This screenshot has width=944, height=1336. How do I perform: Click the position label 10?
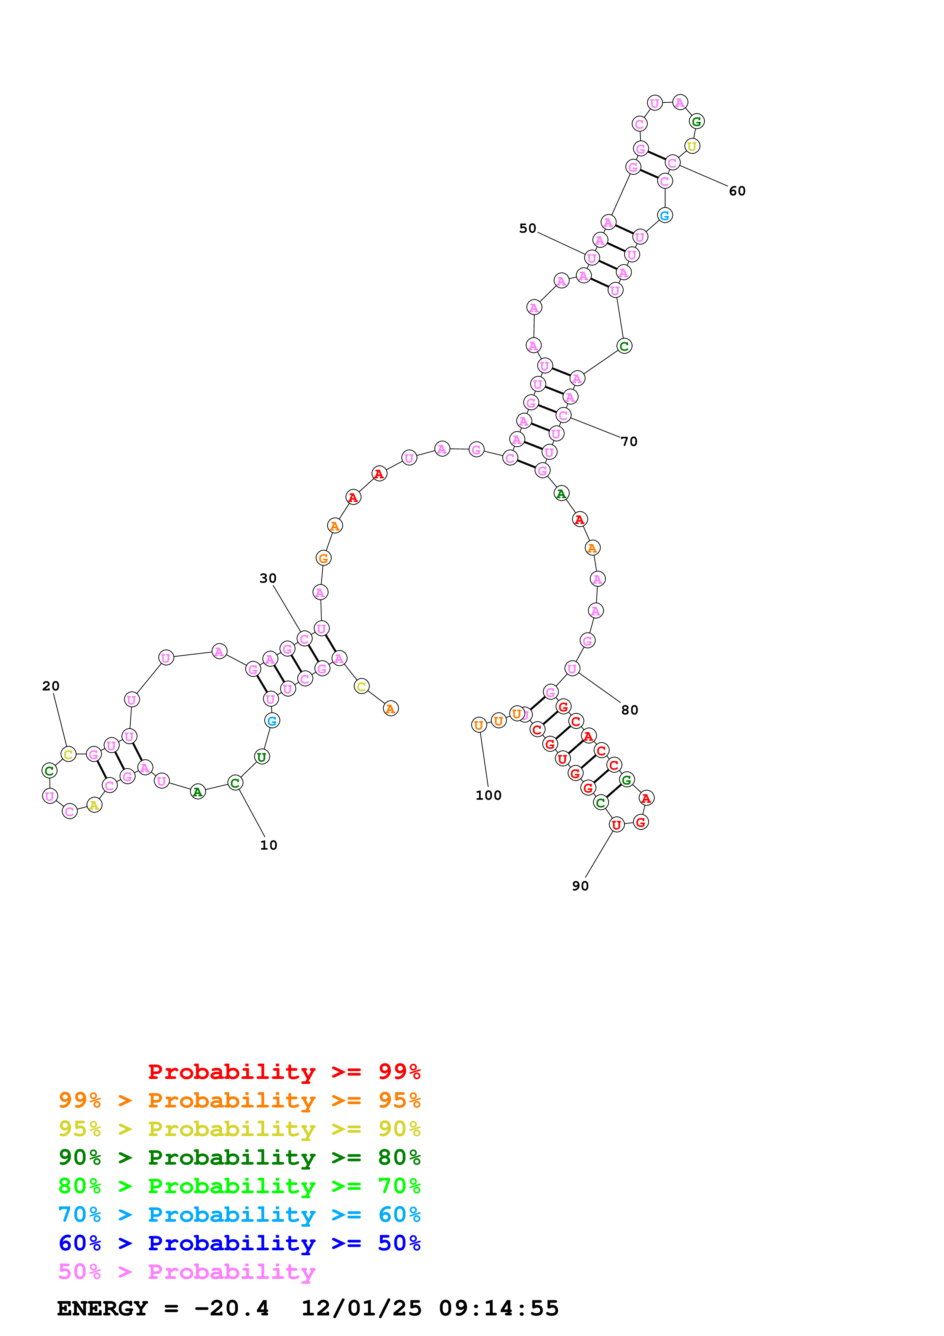pos(268,845)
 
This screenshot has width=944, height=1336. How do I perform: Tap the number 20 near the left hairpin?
pos(51,686)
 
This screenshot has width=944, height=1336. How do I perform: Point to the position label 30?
pos(268,579)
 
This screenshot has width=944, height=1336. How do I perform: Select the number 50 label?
pos(527,228)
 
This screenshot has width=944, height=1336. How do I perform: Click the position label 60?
pos(737,191)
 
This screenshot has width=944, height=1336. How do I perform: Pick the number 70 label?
pos(629,442)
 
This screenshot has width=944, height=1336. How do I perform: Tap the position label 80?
pos(629,710)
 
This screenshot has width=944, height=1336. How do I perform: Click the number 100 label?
pos(488,796)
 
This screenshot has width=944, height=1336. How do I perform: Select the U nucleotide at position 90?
pos(616,825)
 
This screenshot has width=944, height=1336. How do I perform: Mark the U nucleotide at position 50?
pos(591,258)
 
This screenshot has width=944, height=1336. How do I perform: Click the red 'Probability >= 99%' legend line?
pos(284,1071)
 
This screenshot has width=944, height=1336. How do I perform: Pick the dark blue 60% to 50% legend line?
pos(239,1243)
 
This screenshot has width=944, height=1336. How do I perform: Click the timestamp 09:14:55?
pos(498,1308)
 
